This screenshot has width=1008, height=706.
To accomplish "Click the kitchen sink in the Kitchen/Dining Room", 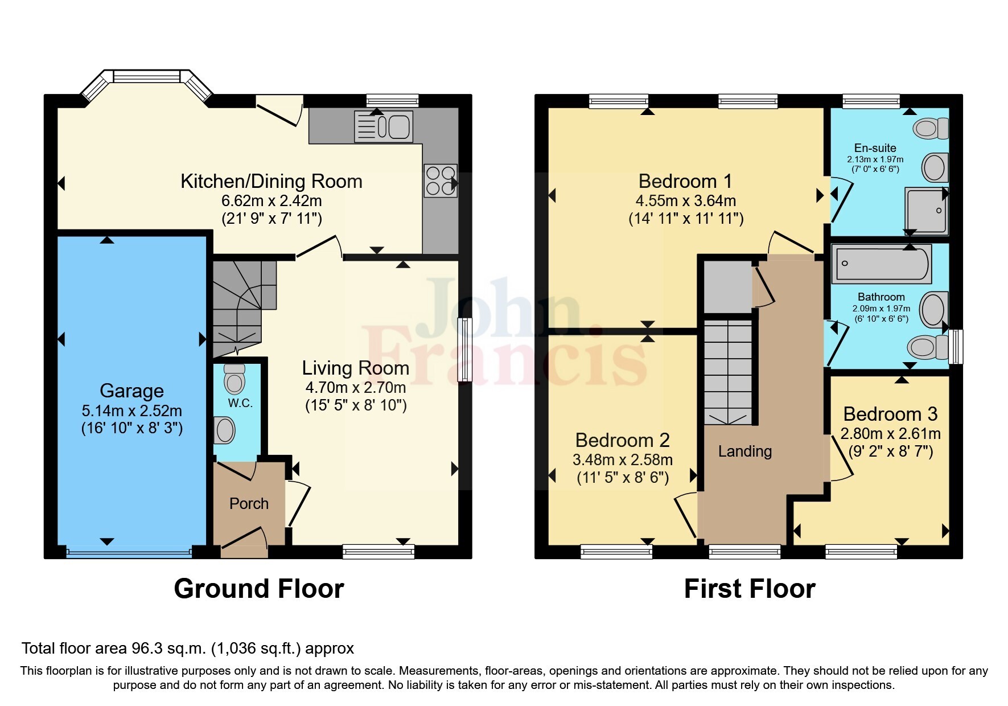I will [383, 126].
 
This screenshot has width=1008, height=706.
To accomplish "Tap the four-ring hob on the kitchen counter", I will [440, 180].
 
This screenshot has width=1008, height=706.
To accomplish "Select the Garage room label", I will [131, 391].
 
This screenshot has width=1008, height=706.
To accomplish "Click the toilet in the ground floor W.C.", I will [234, 379].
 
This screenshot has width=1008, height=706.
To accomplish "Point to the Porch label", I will [249, 503].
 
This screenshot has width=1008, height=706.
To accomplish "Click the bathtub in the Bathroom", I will [881, 264].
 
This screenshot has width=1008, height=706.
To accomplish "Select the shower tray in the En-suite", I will [926, 211].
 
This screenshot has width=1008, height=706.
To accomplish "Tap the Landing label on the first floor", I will [744, 451].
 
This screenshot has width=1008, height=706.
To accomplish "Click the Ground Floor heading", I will [258, 589].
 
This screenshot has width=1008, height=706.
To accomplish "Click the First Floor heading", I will [749, 589].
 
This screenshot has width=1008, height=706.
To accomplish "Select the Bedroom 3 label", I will [890, 414].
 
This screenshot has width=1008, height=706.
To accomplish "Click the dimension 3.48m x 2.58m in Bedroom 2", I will [623, 459].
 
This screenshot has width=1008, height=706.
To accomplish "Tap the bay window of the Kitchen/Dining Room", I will [146, 77].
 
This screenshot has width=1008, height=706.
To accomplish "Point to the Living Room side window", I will [465, 349].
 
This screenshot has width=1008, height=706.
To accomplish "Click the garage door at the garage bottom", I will [129, 551].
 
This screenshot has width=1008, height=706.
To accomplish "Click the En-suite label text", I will [875, 148].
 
